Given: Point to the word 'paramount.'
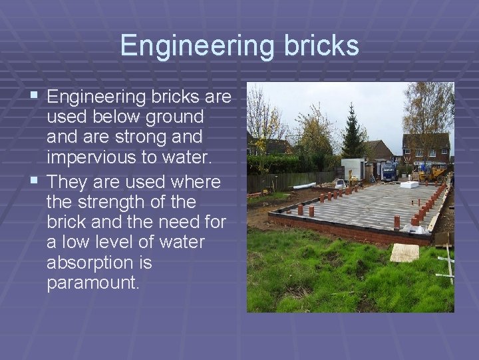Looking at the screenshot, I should click(x=93, y=282).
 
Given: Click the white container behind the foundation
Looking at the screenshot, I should click(x=353, y=167).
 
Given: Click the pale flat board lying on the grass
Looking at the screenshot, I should click(x=404, y=252).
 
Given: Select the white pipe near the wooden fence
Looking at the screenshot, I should click(x=304, y=185).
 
